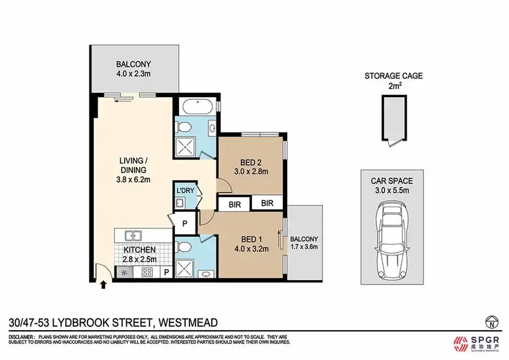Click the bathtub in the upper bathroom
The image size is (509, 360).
[x=196, y=107]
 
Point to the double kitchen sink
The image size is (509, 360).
[x=132, y=236]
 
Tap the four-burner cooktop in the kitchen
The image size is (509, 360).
[x=145, y=272]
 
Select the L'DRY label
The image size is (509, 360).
[x=185, y=191]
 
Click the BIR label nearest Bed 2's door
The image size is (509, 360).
[x=234, y=203]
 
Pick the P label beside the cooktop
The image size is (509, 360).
[x=166, y=272]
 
